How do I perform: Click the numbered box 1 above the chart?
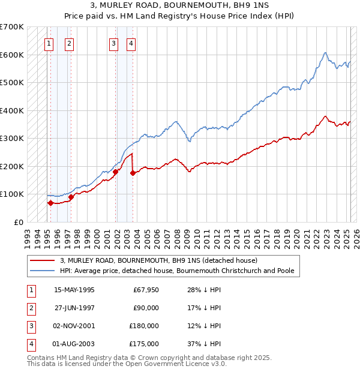[x=49, y=43]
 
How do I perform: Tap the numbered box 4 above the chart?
[x=131, y=43]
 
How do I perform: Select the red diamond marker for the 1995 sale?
[x=50, y=203]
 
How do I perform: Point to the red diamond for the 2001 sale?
[x=115, y=172]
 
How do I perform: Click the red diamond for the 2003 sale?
[x=133, y=173]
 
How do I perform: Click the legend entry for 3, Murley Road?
[x=158, y=260]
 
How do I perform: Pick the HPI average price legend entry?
[x=177, y=271]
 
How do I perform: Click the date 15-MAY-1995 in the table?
[x=74, y=290]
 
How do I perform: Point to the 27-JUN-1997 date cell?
[x=74, y=308]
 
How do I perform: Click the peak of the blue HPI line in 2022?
[x=325, y=53]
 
